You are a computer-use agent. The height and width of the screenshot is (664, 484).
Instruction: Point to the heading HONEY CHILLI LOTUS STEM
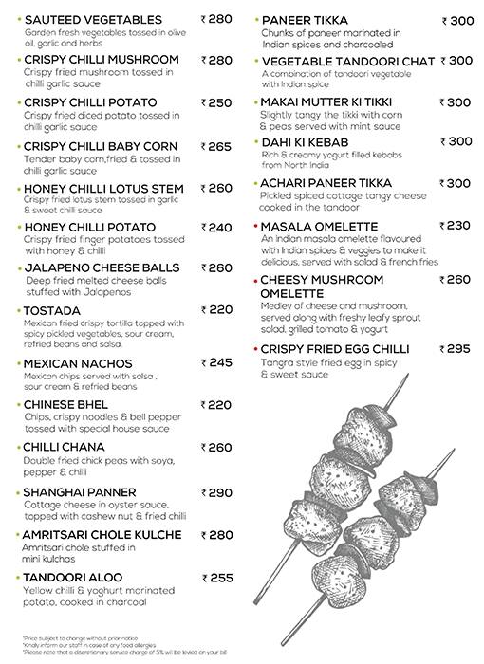(103, 188)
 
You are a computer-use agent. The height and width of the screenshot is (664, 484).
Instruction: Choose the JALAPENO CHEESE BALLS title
(102, 268)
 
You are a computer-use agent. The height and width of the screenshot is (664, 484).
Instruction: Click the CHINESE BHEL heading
(65, 405)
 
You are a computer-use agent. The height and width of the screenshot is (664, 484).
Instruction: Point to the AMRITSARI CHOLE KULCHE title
(102, 535)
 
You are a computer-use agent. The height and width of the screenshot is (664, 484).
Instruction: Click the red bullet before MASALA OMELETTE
(255, 227)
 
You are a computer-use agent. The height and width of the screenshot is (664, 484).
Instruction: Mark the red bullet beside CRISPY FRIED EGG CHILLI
(255, 350)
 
